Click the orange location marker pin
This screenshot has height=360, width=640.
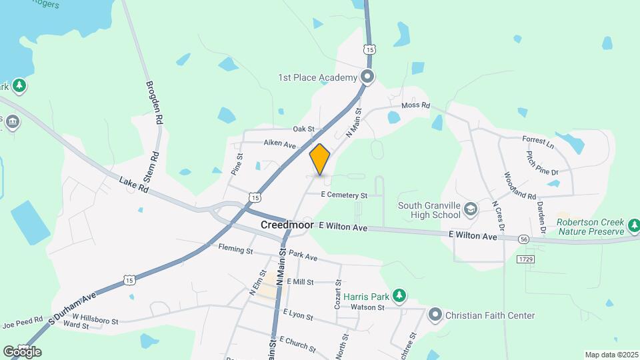click(320, 159)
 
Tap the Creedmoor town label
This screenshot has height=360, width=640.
click(287, 225)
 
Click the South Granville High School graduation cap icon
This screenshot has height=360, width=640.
click(471, 209)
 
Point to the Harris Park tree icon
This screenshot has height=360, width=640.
click(399, 295)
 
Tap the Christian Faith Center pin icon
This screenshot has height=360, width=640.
click(435, 314)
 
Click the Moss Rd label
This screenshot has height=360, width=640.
click(416, 106)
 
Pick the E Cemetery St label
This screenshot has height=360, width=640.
click(344, 195)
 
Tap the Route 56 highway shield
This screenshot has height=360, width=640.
click(524, 239)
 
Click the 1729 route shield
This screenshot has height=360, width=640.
click(525, 258)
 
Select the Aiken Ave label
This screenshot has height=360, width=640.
click(279, 144)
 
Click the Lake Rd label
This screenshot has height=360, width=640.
click(133, 185)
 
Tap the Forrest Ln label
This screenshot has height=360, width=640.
click(539, 142)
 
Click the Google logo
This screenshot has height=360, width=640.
click(22, 352)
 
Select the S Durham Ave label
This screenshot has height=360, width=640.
click(73, 307)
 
